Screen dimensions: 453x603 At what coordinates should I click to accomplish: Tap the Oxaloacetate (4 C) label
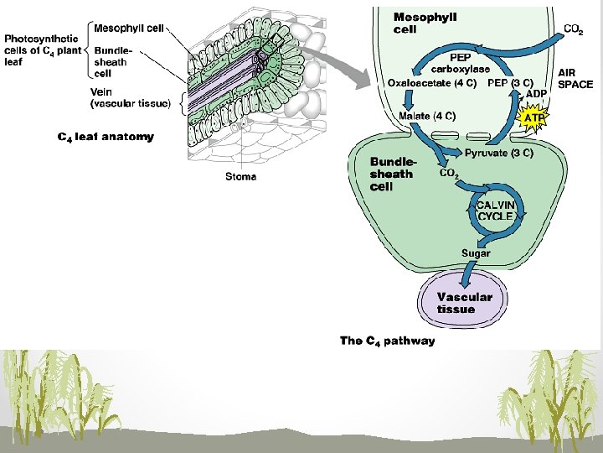[432, 83]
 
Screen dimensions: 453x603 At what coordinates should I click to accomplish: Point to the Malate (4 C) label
[427, 116]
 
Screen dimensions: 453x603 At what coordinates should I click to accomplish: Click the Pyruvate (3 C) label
[499, 153]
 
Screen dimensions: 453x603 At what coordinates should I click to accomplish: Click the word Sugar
[476, 253]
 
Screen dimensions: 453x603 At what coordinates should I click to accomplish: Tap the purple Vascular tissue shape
[464, 303]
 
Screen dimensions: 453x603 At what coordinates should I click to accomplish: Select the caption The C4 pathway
[387, 341]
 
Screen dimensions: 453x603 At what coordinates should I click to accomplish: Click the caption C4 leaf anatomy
[106, 136]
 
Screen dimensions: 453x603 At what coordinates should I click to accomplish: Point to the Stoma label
[241, 176]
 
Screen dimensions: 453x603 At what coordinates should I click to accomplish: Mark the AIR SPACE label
[575, 79]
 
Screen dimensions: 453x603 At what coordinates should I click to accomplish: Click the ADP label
[537, 94]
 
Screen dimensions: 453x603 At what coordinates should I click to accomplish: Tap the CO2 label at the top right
[574, 29]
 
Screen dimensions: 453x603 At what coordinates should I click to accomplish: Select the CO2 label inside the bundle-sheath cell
[450, 174]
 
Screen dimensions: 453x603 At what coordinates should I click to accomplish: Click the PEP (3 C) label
[511, 83]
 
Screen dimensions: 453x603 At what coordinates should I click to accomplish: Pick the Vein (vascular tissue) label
[130, 97]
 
